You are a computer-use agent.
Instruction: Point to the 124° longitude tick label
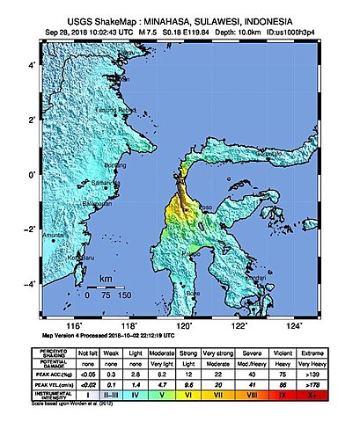point(292,324)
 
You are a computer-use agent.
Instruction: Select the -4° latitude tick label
point(29,284)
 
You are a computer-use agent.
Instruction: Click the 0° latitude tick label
point(32,175)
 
